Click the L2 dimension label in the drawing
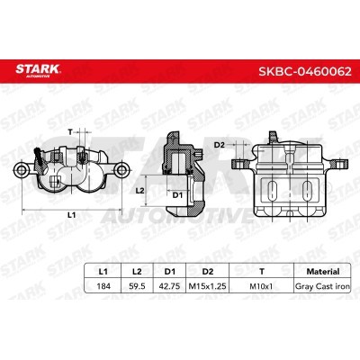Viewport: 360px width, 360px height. point(139,191)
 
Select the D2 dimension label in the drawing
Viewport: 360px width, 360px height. point(218,142)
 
